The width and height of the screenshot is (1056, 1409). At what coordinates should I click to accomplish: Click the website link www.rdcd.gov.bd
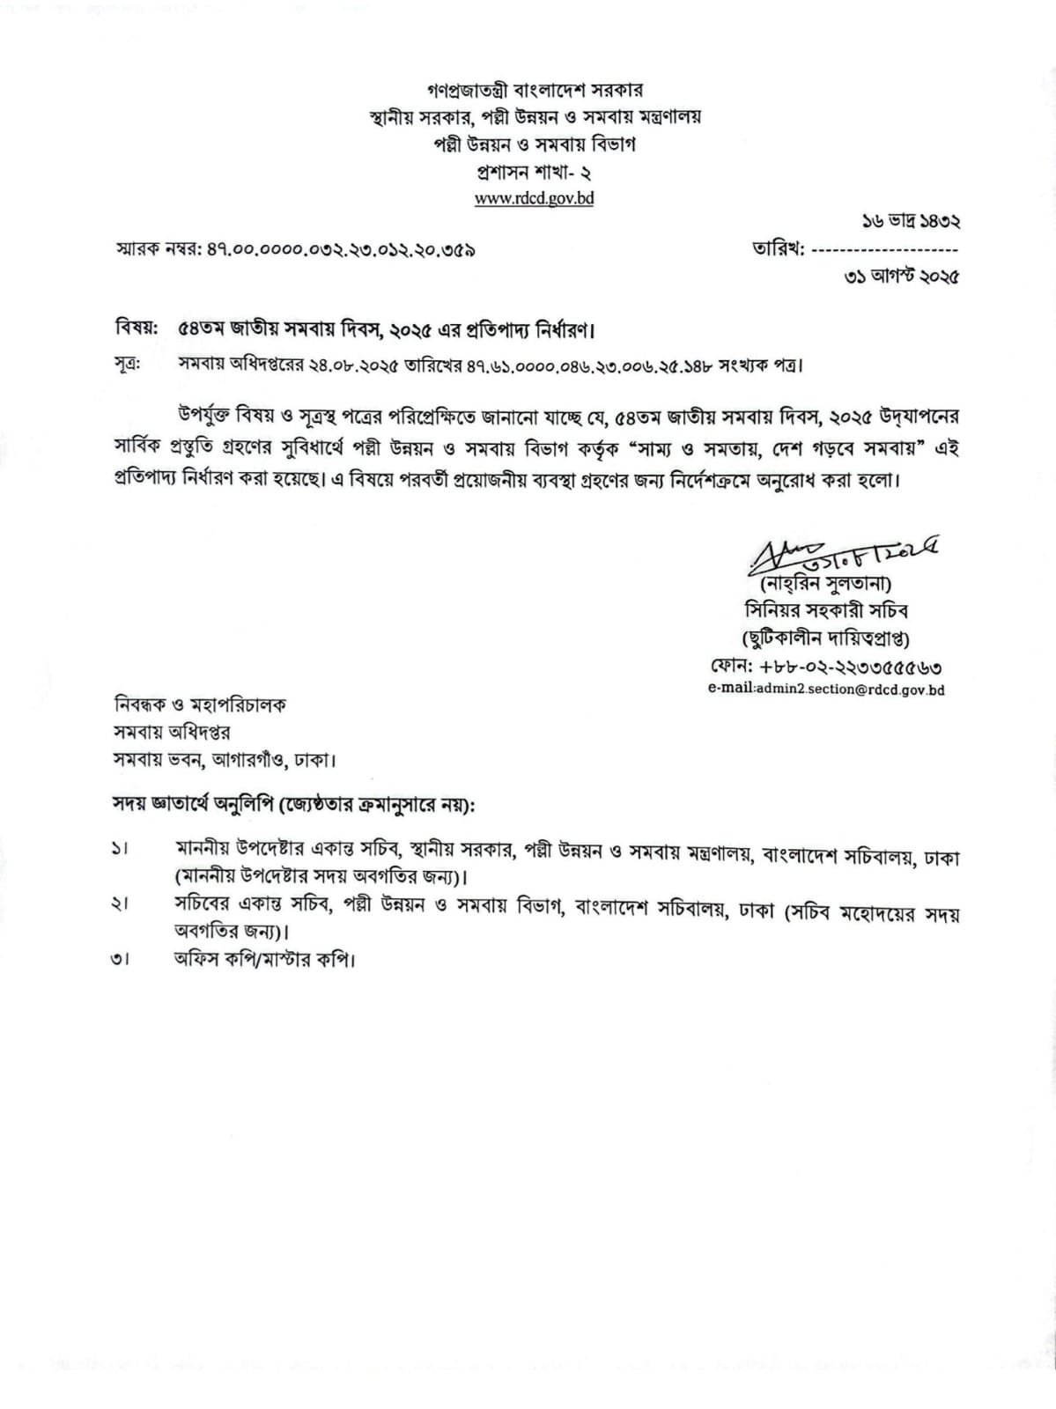click(x=534, y=198)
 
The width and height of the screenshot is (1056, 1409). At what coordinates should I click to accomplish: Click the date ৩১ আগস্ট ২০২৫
click(x=901, y=277)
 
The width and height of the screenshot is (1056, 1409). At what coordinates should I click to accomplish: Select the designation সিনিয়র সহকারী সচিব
click(x=825, y=610)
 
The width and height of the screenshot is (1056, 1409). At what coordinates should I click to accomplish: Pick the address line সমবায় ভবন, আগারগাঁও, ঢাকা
click(x=224, y=758)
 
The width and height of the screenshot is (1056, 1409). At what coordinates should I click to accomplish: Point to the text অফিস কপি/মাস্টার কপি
click(x=263, y=959)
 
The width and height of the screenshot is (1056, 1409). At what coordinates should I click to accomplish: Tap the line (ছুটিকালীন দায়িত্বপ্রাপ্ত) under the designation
click(x=825, y=638)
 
